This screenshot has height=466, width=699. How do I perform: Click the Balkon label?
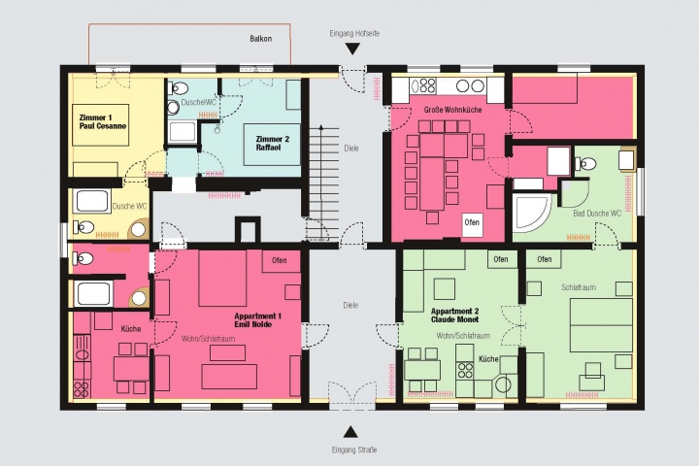(x=261, y=39)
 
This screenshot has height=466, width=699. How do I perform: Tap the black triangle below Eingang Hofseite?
(x=353, y=49)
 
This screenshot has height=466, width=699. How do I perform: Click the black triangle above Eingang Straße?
(x=350, y=432)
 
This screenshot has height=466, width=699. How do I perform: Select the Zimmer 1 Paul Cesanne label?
(x=103, y=121)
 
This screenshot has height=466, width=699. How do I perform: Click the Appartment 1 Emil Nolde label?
(x=257, y=320)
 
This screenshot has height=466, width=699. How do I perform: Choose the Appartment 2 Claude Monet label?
(x=454, y=316)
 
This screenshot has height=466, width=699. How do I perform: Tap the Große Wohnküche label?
(x=453, y=110)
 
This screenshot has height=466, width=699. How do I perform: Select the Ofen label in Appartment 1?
(x=280, y=260)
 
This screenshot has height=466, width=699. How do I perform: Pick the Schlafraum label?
(x=579, y=287)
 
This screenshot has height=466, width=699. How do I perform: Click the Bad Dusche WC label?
(x=597, y=214)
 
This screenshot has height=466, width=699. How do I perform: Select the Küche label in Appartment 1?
(x=131, y=329)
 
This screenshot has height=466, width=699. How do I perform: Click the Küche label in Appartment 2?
(x=488, y=359)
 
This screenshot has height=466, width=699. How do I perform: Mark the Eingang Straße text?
(x=354, y=449)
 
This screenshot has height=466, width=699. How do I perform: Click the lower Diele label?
(x=350, y=306)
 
